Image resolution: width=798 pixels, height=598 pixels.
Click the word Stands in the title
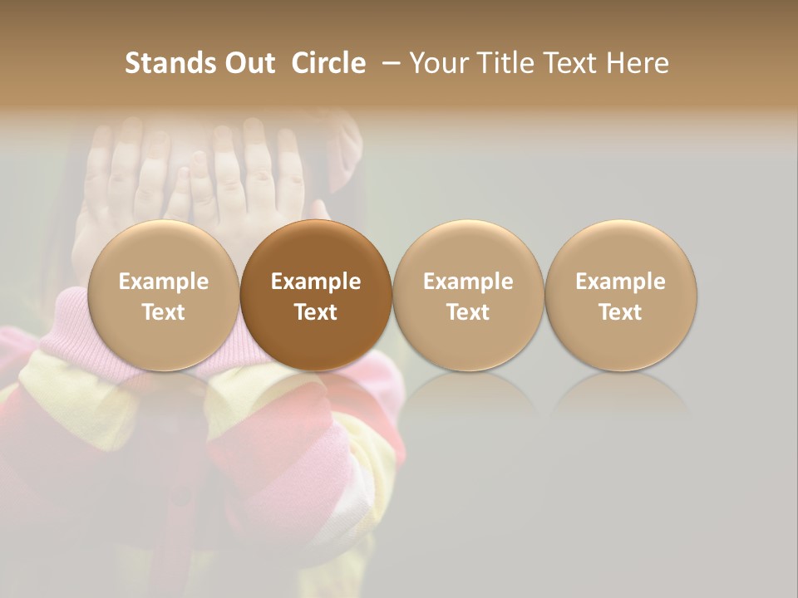(x=159, y=63)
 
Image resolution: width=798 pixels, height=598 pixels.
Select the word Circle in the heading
(x=328, y=63)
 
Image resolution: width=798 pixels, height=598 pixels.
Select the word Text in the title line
(x=568, y=63)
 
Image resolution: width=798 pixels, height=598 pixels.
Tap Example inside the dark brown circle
(x=316, y=282)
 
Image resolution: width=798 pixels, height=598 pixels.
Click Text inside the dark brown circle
(x=316, y=312)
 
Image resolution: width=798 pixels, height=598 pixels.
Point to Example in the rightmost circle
(x=621, y=282)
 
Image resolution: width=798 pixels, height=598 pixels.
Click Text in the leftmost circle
(x=163, y=312)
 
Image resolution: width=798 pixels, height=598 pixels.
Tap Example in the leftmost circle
(x=163, y=282)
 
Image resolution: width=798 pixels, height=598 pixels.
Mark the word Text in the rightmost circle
(x=621, y=312)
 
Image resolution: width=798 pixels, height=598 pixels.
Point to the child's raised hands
(x=199, y=174)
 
